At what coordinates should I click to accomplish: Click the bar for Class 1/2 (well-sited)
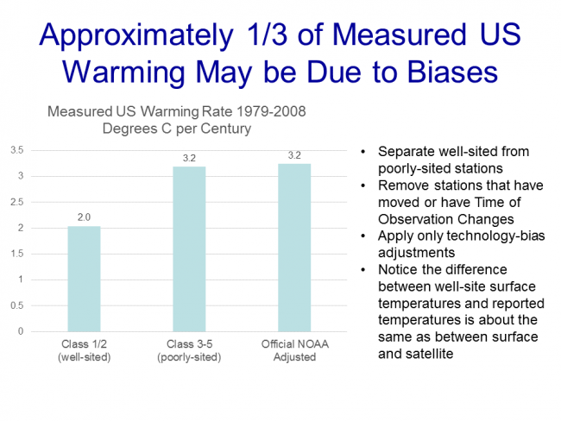[x=84, y=279]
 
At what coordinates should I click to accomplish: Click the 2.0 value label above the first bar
[x=84, y=217]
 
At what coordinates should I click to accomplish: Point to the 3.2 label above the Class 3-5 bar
[x=188, y=158]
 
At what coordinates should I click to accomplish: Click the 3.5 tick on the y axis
[x=16, y=150]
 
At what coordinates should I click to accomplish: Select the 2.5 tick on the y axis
[x=16, y=202]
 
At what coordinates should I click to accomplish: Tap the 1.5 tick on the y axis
[x=16, y=254]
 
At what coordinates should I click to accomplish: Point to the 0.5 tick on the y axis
[x=16, y=305]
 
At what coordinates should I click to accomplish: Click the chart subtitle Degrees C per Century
[x=176, y=129]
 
